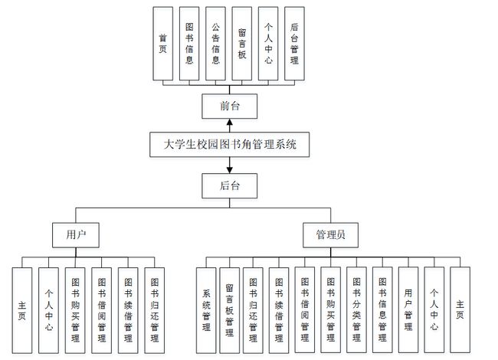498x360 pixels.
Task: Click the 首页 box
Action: [163, 44]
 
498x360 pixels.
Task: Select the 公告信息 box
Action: [215, 44]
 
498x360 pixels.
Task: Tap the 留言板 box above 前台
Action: [241, 44]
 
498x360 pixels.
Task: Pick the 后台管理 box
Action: [295, 44]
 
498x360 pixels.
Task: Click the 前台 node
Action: [229, 106]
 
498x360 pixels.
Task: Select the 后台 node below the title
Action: [229, 185]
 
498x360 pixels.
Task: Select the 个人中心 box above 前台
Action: [267, 44]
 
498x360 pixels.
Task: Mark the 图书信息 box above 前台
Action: [189, 44]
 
